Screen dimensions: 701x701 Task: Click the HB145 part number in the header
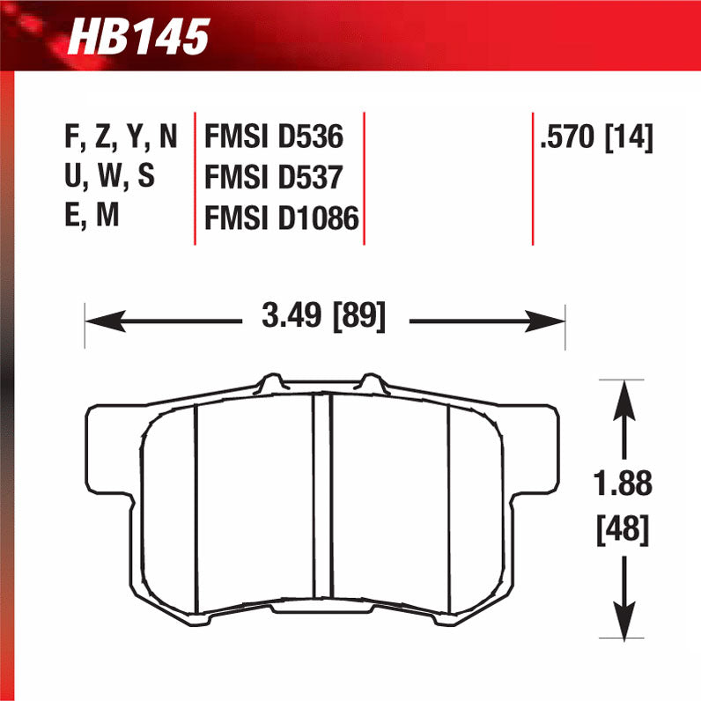pos(138,38)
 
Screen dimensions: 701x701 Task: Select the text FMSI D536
pos(273,138)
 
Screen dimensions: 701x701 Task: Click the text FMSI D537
pos(273,178)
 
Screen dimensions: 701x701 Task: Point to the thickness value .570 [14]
pos(597,138)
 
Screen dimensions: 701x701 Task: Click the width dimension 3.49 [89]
pos(324,315)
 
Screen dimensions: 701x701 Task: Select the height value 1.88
pos(624,483)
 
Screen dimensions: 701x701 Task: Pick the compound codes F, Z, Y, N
pos(121,138)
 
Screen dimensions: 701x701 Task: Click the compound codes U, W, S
pos(109,178)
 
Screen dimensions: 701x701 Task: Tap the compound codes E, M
pos(92,218)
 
